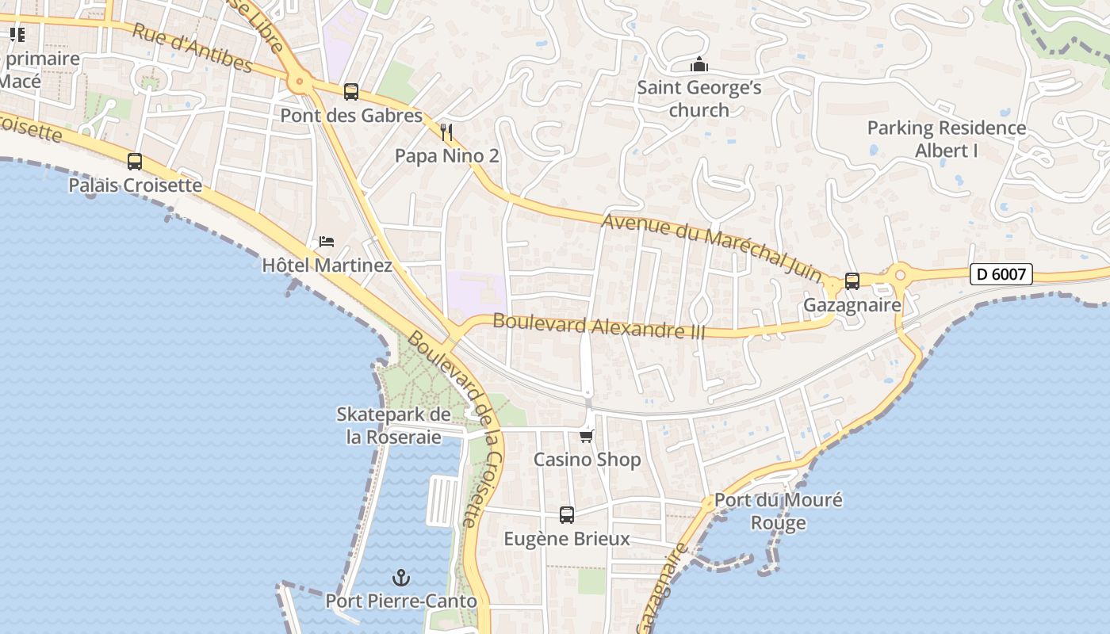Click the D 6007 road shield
[x=1001, y=275]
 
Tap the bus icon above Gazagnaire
[x=852, y=281]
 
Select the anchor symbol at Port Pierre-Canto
[x=401, y=578]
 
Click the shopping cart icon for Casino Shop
[x=587, y=435]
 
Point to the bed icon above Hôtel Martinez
[x=327, y=241]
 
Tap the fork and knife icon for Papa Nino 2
[x=446, y=132]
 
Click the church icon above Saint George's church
[x=699, y=64]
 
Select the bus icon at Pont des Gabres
[x=351, y=92]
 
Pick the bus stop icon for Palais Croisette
[x=135, y=162]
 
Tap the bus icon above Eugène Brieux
[x=567, y=515]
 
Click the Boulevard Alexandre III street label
[x=599, y=326]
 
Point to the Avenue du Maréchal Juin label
[x=712, y=245]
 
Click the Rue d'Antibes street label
[x=192, y=48]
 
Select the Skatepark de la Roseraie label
[x=394, y=426]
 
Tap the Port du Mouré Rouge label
[x=778, y=511]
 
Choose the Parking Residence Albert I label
[x=947, y=139]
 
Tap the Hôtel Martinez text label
[x=327, y=265]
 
